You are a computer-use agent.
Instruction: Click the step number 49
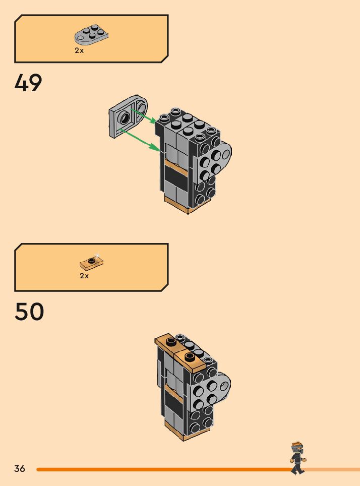[x=28, y=83]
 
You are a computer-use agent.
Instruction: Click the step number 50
[x=29, y=312]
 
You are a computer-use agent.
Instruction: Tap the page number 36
[x=20, y=469]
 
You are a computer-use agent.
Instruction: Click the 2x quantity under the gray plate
[x=79, y=50]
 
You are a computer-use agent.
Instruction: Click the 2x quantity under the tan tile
[x=84, y=276]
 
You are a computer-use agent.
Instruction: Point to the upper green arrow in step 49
[x=146, y=115]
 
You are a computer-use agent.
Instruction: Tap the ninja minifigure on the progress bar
[x=297, y=458]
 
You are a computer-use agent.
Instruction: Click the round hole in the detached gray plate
[x=124, y=119]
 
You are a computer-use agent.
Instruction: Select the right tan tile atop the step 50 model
[x=190, y=358]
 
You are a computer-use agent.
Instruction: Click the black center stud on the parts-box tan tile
[x=92, y=260]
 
